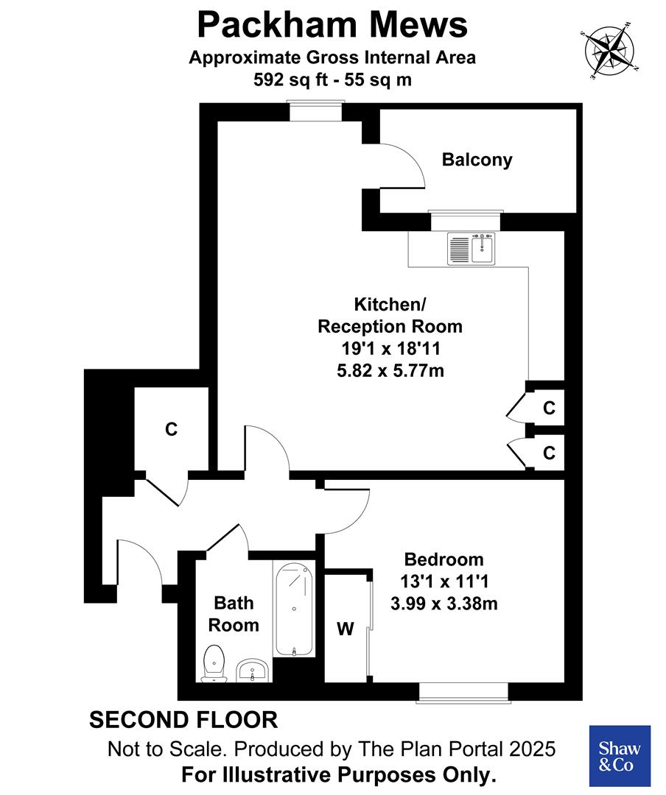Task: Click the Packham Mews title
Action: (332, 25)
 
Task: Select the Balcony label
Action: (477, 160)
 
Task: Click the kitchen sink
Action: (471, 247)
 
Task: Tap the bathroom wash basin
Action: (253, 670)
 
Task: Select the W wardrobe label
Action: (345, 629)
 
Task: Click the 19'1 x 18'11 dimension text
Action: (390, 348)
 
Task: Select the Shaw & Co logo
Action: (620, 756)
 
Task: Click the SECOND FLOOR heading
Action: (183, 720)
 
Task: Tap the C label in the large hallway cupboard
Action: (171, 429)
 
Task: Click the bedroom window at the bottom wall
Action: (463, 691)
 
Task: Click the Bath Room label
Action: (234, 614)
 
